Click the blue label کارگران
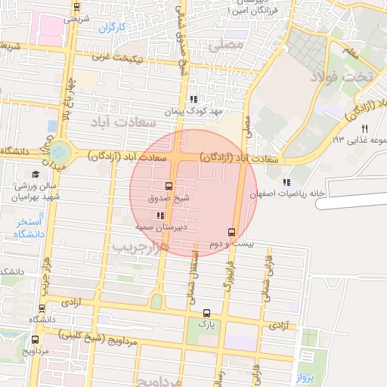[110, 28]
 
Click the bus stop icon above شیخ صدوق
[168, 186]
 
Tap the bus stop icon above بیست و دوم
[231, 232]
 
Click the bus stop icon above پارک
[206, 313]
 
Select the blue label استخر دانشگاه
[29, 228]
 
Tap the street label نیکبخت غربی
[120, 57]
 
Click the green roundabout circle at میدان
[60, 151]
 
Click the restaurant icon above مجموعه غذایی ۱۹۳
[364, 128]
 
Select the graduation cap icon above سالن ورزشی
[36, 175]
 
